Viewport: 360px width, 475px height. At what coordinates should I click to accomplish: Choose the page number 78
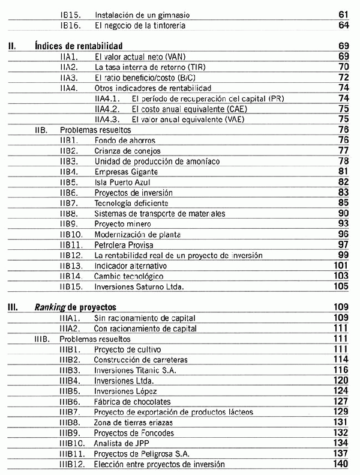coord(343,161)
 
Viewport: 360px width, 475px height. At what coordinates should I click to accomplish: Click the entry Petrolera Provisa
coord(124,245)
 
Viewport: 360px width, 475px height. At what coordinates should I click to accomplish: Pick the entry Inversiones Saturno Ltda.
coord(139,286)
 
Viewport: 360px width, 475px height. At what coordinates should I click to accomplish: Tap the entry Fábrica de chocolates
coord(133,401)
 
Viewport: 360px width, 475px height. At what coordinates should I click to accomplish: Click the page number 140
coord(340,464)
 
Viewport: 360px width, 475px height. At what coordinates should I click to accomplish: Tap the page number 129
coord(340,411)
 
